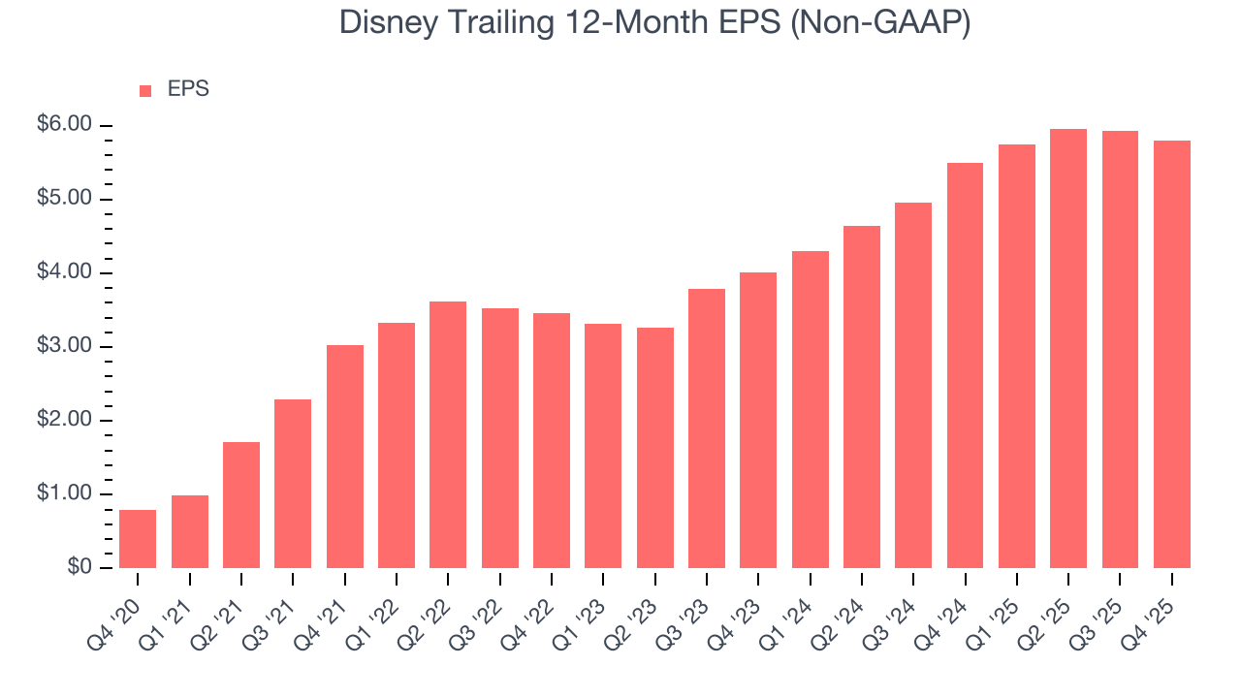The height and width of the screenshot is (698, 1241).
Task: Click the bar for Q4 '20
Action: [x=138, y=539]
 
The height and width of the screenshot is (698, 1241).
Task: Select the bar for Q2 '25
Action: [x=1068, y=349]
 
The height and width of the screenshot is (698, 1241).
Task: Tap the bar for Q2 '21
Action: [x=241, y=505]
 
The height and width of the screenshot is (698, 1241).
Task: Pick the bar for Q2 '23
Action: [x=654, y=448]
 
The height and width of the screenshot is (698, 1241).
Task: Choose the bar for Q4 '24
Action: [x=965, y=365]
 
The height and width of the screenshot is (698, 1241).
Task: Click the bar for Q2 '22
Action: [x=448, y=435]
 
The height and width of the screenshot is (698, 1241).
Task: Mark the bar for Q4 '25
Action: [x=1171, y=355]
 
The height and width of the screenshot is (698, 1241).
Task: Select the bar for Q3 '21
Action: [x=293, y=484]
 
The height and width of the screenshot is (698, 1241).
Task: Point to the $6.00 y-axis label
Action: [x=64, y=125]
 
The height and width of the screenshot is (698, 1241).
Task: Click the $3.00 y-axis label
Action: [x=64, y=347]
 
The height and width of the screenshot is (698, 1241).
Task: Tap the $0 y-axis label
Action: [x=79, y=568]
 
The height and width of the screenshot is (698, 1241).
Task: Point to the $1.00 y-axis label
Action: [x=64, y=494]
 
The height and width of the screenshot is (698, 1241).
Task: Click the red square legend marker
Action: [x=145, y=90]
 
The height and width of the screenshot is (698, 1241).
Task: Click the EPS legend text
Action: [x=188, y=89]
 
